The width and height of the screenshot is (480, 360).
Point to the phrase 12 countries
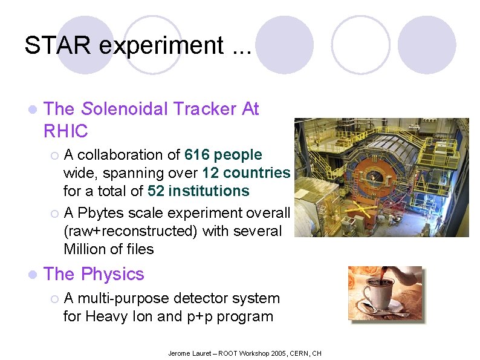246,173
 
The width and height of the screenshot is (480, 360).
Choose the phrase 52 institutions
198,191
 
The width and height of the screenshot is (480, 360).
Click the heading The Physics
94,274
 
